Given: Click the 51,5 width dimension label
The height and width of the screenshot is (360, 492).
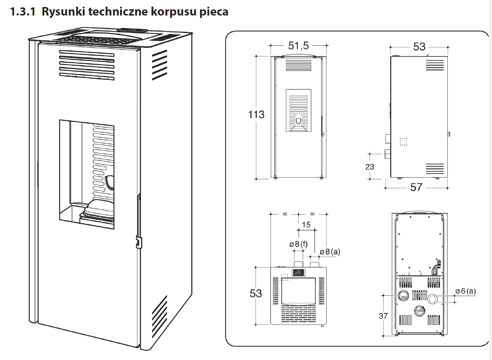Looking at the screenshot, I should tap(298, 46).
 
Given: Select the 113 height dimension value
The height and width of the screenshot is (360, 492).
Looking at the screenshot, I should tap(256, 115).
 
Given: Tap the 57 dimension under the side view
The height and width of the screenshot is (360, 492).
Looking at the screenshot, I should tap(416, 187).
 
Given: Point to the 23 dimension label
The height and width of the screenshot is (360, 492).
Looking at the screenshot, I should tap(370, 167).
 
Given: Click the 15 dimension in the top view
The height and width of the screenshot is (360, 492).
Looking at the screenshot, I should tap(306, 224).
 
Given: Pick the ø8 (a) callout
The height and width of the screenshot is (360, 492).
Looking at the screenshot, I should tap(330, 252).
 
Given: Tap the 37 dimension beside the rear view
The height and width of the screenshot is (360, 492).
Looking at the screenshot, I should tap(383, 316).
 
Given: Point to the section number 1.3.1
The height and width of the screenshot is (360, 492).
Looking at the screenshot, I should tap(23, 12).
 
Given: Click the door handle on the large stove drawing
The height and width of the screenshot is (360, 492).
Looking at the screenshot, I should tap(137, 241).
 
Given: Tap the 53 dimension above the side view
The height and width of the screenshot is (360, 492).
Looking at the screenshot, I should tap(419, 47).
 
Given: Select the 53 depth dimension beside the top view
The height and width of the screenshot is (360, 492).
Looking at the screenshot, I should tap(256, 293).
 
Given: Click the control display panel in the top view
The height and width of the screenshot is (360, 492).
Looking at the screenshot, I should tap(298, 273).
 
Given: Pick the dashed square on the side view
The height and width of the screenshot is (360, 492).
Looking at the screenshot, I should tap(403, 142).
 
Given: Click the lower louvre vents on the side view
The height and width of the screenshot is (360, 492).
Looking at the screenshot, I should tap(435, 169).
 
